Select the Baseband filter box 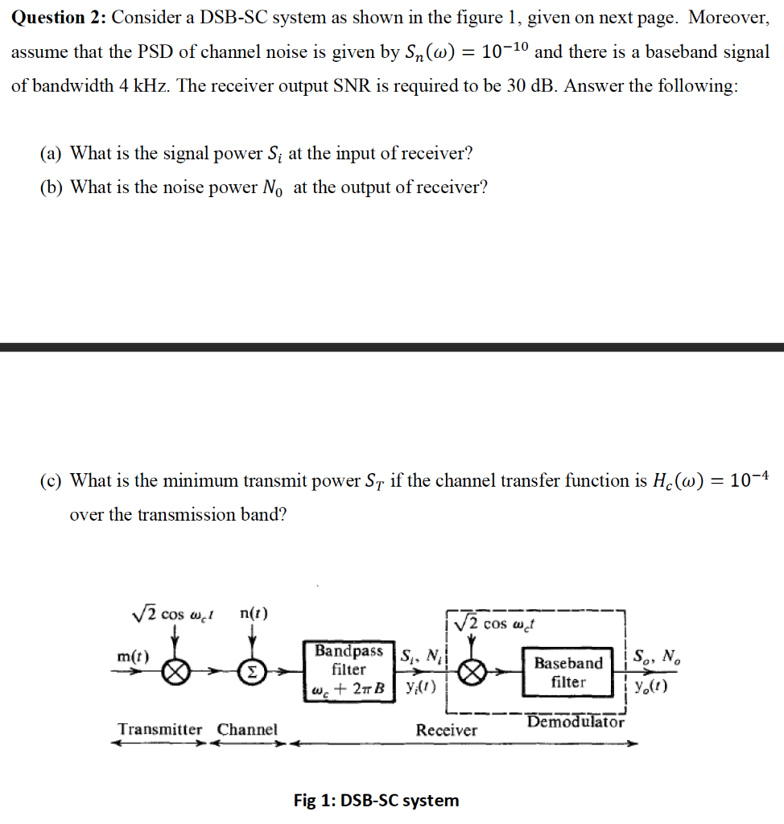pyautogui.click(x=568, y=672)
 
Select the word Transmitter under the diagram pyautogui.click(x=160, y=729)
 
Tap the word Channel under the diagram pyautogui.click(x=247, y=729)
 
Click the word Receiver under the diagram pyautogui.click(x=446, y=730)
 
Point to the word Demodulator pyautogui.click(x=576, y=722)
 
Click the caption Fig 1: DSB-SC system pyautogui.click(x=376, y=800)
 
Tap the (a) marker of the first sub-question pyautogui.click(x=52, y=153)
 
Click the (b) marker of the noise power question pyautogui.click(x=52, y=187)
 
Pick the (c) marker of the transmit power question pyautogui.click(x=52, y=480)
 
